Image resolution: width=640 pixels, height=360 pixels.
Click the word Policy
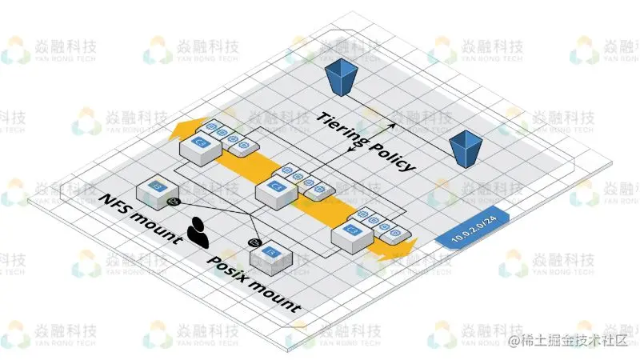391,155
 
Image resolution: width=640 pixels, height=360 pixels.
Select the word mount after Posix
273,295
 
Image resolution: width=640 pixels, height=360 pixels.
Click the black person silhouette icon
198,231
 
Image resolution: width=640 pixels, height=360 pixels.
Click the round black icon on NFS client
172,202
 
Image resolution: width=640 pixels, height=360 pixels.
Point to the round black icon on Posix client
255,242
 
